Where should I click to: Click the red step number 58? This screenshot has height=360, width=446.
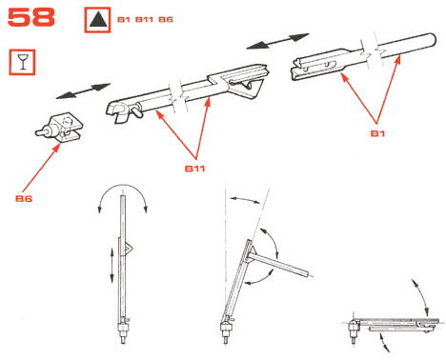[30, 17]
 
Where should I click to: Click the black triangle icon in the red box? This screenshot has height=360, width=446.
[97, 19]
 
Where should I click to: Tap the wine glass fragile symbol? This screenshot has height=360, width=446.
[22, 62]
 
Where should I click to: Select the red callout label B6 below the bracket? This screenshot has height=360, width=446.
[24, 199]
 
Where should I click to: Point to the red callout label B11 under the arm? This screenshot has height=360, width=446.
[194, 169]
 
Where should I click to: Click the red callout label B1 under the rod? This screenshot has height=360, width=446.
[377, 133]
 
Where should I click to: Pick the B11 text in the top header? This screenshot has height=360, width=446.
[145, 20]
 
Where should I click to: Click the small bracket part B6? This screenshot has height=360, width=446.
[59, 129]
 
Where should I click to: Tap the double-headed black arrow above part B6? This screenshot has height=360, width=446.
[83, 91]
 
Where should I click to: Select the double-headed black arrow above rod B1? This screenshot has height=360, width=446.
[277, 41]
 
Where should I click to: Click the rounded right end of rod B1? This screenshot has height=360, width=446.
[432, 40]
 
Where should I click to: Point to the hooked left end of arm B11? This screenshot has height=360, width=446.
[116, 111]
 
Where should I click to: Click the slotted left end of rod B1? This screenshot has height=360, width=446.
[298, 69]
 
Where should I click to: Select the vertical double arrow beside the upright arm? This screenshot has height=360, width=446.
[111, 266]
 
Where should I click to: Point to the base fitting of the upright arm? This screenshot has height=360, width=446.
[123, 331]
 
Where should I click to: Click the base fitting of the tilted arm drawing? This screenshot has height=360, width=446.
[225, 331]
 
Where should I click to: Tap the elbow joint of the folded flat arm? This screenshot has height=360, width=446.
[354, 327]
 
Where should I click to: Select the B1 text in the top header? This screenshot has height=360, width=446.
[124, 20]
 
